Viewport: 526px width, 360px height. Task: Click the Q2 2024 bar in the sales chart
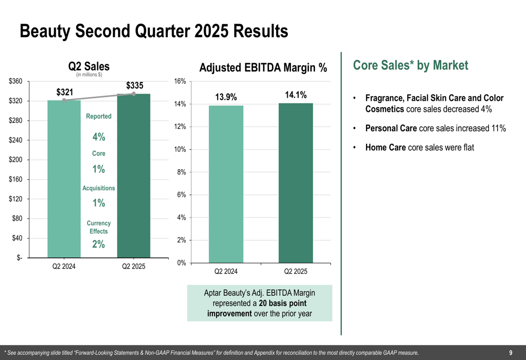click(x=64, y=179)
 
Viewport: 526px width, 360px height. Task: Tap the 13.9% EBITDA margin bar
click(x=226, y=184)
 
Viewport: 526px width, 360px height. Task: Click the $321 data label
click(x=65, y=92)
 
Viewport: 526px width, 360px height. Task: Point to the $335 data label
click(x=135, y=86)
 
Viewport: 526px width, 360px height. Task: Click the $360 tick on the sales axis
click(x=15, y=81)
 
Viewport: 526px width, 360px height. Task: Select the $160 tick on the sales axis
click(x=15, y=180)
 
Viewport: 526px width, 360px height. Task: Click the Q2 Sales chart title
click(x=89, y=66)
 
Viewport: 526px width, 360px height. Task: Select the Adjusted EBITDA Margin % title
click(x=263, y=68)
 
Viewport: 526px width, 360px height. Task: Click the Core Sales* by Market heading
click(x=410, y=66)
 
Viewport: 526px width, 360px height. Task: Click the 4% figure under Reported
click(x=99, y=137)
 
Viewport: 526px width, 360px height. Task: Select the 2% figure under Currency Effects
click(x=99, y=244)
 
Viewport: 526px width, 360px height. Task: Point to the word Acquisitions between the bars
click(x=99, y=188)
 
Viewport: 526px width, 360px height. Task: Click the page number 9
click(x=511, y=353)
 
